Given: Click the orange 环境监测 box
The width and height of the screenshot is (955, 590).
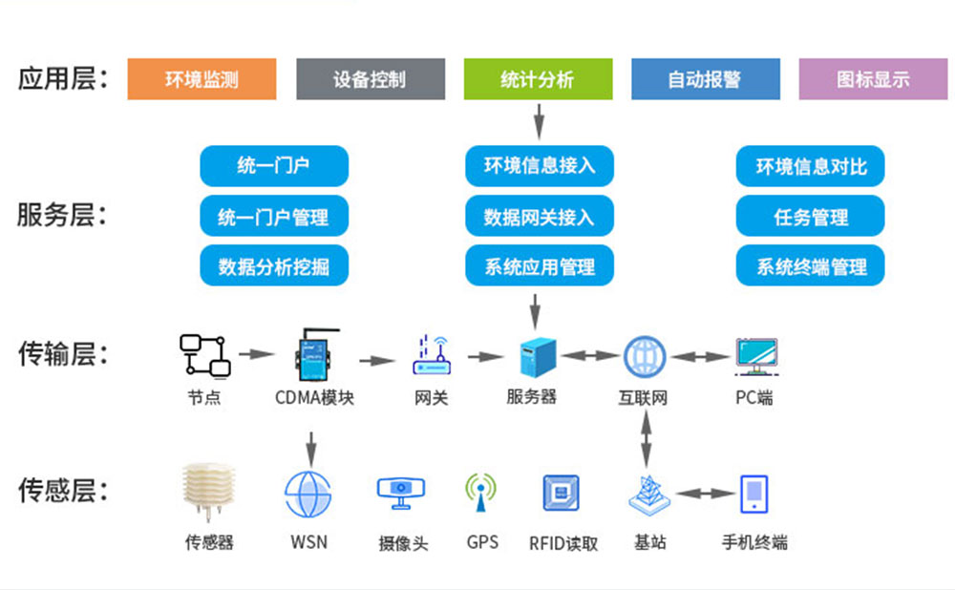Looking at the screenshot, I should point(202,79).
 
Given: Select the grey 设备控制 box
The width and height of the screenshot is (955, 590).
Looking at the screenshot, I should point(370,79).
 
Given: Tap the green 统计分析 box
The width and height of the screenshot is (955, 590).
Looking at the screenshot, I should point(538,79).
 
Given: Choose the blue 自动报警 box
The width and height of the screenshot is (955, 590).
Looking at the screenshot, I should point(705,79).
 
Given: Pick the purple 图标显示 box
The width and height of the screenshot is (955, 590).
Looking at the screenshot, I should point(873,79).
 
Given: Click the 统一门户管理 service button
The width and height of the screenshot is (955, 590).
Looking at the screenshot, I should point(273,217).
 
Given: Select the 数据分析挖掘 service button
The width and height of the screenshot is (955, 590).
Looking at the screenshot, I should point(273,266).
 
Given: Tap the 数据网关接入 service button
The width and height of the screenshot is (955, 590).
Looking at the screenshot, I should point(539,217).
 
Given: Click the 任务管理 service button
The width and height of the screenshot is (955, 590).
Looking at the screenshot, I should point(811,217).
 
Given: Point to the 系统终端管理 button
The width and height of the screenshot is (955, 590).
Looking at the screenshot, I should point(811,266).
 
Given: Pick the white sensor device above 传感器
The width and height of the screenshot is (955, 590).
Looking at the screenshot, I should point(208,495).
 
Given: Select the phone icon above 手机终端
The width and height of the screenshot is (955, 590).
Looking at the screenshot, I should point(753,495).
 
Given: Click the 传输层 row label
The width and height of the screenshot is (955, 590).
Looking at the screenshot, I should point(62,355).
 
